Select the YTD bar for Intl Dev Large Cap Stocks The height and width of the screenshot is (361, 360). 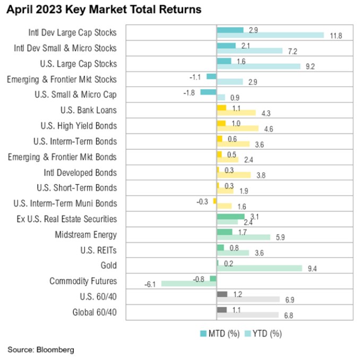[x=270, y=36]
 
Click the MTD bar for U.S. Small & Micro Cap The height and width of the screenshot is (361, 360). [x=208, y=92]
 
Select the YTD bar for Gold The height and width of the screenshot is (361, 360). [x=260, y=269]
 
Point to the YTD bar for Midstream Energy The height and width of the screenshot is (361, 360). [x=243, y=238]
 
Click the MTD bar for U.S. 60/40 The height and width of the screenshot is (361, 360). [x=222, y=294]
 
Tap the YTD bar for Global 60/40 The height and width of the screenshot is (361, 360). [x=247, y=315]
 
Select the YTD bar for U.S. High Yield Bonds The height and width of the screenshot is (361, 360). [x=237, y=128]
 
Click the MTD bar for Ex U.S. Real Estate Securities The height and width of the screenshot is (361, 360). [x=230, y=216]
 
